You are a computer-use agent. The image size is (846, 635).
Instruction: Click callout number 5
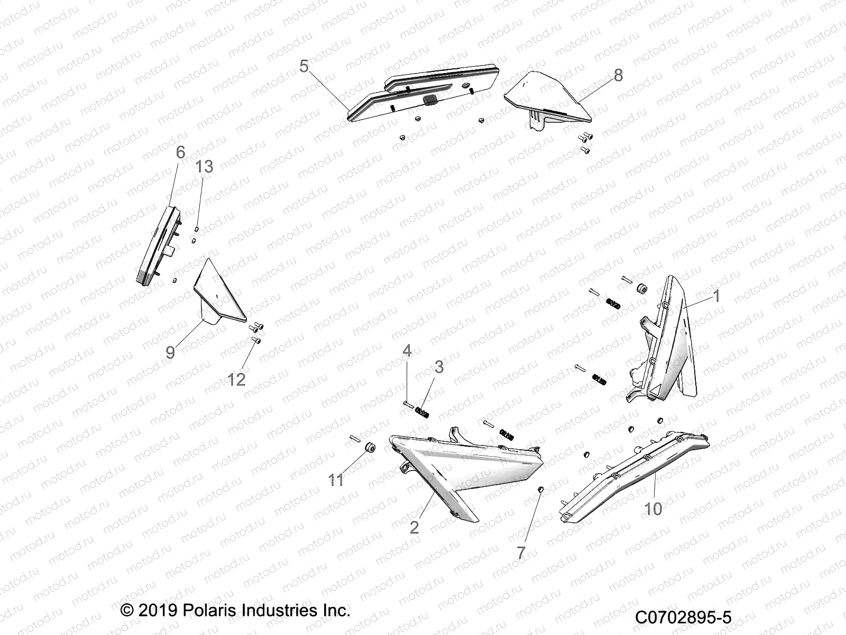coord(304,67)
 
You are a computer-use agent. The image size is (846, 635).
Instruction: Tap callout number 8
coord(618,75)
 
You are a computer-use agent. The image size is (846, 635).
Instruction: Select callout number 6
coord(180,153)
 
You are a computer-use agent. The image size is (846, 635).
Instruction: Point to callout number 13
coord(204,167)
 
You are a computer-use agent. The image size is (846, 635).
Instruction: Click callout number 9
coord(170,352)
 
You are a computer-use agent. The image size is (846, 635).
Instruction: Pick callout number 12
coord(236,379)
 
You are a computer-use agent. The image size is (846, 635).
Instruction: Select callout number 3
coord(439,367)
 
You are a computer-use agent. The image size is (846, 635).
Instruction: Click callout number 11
coord(336,480)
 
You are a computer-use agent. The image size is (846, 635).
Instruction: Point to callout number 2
coord(415,527)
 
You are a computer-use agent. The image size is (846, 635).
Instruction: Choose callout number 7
coord(521,553)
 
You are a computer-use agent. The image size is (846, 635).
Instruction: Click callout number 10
coord(654,509)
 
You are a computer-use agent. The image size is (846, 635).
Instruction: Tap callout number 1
coord(716,296)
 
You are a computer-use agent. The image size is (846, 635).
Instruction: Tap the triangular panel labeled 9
coord(219,294)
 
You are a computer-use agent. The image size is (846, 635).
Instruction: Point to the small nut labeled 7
coord(540,488)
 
